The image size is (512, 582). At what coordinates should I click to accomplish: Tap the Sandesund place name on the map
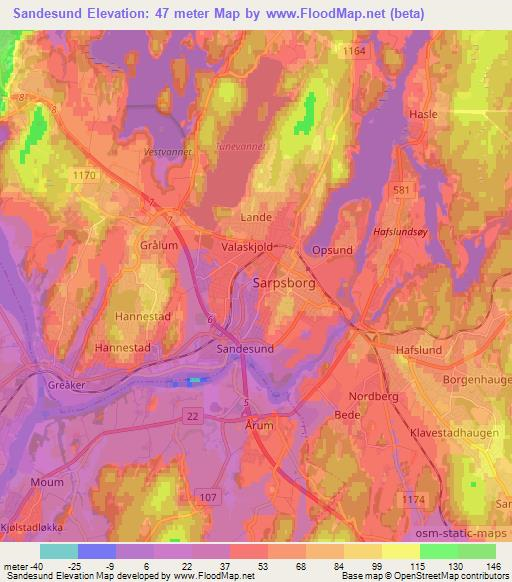click(244, 349)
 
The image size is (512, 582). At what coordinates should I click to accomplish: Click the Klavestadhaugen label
click(456, 434)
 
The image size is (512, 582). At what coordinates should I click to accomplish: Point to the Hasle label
click(424, 115)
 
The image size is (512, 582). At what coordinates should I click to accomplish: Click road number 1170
click(85, 174)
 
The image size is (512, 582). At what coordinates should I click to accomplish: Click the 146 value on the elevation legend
click(494, 566)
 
